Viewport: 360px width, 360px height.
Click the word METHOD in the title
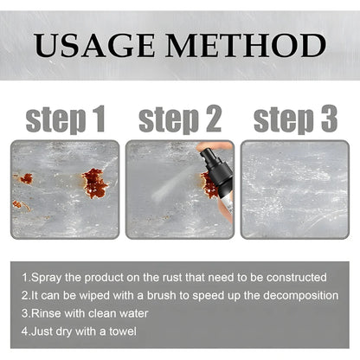[x=252, y=45]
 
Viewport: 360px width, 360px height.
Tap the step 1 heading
[x=65, y=119]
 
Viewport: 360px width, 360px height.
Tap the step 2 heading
[x=180, y=119]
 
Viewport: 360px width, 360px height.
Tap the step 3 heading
[x=294, y=119]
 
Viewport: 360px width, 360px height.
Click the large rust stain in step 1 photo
[x=93, y=183]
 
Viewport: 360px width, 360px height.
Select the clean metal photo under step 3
[x=294, y=189]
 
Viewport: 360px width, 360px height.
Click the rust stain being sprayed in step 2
[x=209, y=183]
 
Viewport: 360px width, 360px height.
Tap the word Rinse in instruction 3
[x=45, y=313]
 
